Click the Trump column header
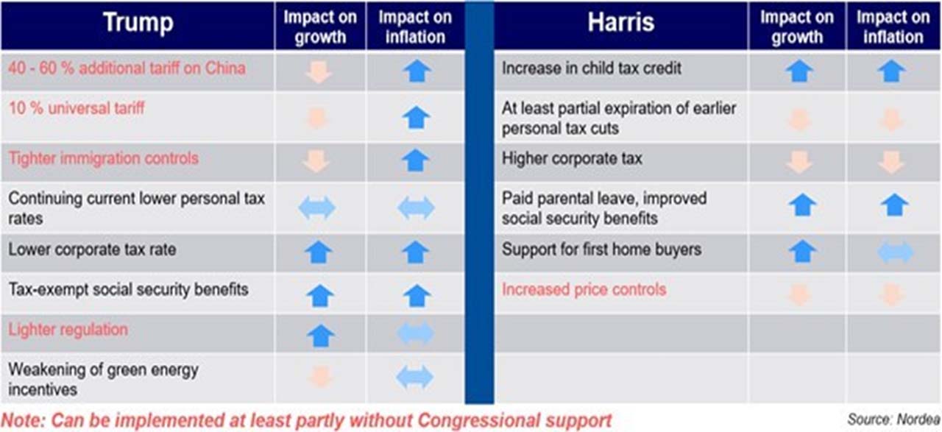(x=138, y=22)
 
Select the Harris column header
(x=620, y=22)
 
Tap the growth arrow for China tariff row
(x=319, y=72)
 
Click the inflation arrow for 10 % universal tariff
(x=416, y=117)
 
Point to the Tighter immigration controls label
(x=104, y=158)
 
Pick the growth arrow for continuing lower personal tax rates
(x=316, y=208)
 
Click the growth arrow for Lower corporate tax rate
(x=319, y=252)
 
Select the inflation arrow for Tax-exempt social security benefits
(x=417, y=296)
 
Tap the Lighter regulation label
(x=68, y=330)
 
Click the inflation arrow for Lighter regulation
(x=415, y=334)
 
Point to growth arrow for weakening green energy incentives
(x=320, y=377)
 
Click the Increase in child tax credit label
(x=591, y=68)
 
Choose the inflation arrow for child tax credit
(x=891, y=71)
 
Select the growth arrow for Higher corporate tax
(x=799, y=162)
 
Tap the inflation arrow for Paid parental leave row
(x=894, y=205)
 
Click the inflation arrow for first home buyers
(x=896, y=252)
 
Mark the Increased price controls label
(x=584, y=290)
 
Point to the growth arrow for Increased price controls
(x=799, y=294)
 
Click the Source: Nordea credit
(x=893, y=419)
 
